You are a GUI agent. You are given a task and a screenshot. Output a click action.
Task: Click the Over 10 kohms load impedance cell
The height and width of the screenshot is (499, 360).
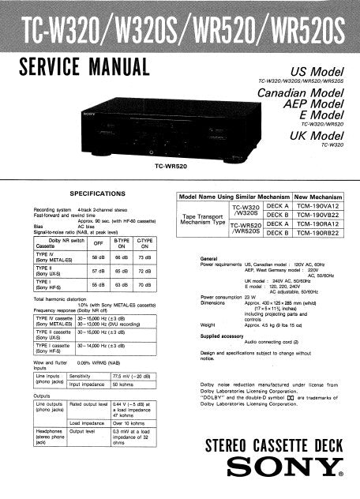128,422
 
